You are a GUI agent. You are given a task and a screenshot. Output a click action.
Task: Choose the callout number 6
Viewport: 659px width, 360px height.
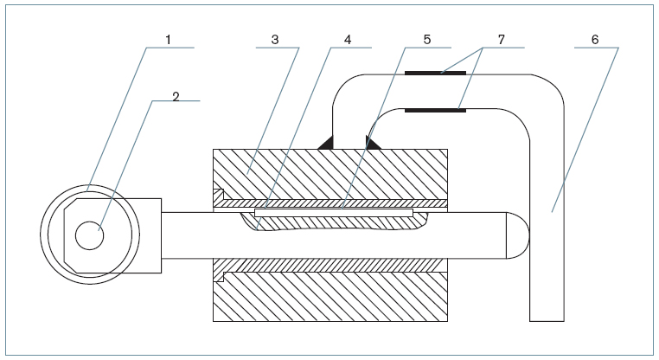coord(596,39)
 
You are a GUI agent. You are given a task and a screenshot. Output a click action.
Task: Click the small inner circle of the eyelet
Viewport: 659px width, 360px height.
coord(88,235)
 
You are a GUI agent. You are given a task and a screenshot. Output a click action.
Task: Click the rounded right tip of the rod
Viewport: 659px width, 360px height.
coord(517,235)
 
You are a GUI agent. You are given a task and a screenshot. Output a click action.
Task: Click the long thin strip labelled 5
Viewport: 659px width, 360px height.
coord(334,210)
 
